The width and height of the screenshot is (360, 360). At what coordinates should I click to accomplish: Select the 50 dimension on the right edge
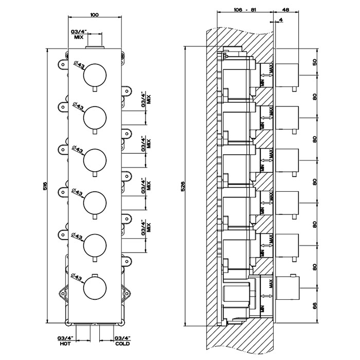point(314,62)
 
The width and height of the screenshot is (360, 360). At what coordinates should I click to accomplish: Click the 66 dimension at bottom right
point(314,305)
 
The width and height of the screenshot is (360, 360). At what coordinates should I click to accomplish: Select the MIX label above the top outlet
point(78,38)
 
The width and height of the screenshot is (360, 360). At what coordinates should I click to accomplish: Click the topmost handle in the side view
point(289,75)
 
